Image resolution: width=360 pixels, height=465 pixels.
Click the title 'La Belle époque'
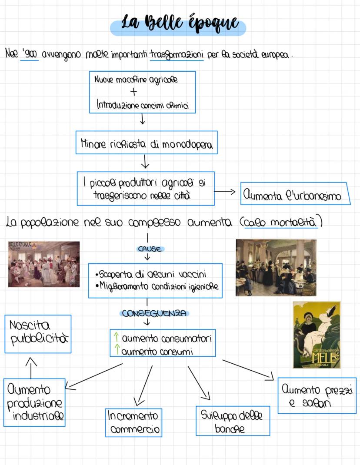[x=180, y=23]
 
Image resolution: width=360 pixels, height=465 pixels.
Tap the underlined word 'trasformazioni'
[x=177, y=55]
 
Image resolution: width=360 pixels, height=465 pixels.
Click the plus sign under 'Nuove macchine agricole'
[x=133, y=92]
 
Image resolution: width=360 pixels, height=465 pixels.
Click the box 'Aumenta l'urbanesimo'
[x=295, y=194]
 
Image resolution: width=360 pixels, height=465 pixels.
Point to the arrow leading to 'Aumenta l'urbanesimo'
[x=224, y=192]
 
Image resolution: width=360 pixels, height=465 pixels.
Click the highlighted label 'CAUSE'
[x=150, y=249]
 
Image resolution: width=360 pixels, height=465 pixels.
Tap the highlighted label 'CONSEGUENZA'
[x=154, y=313]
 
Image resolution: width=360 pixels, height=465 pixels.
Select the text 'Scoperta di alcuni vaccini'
[x=151, y=274]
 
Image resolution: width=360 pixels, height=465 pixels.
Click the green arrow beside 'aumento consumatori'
[x=117, y=337]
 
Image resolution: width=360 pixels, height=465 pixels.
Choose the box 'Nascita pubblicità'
[x=38, y=334]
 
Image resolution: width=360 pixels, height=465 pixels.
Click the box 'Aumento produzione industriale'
[x=34, y=402]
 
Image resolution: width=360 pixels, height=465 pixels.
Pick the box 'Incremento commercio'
[x=133, y=422]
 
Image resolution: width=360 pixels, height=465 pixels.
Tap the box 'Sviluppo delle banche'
[x=233, y=421]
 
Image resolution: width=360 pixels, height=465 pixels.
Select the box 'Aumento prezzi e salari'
[x=317, y=395]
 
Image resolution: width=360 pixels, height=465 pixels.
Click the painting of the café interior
[x=276, y=268]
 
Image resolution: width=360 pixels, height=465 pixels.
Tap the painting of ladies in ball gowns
[x=44, y=264]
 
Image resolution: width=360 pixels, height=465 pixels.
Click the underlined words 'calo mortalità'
[x=280, y=222]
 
